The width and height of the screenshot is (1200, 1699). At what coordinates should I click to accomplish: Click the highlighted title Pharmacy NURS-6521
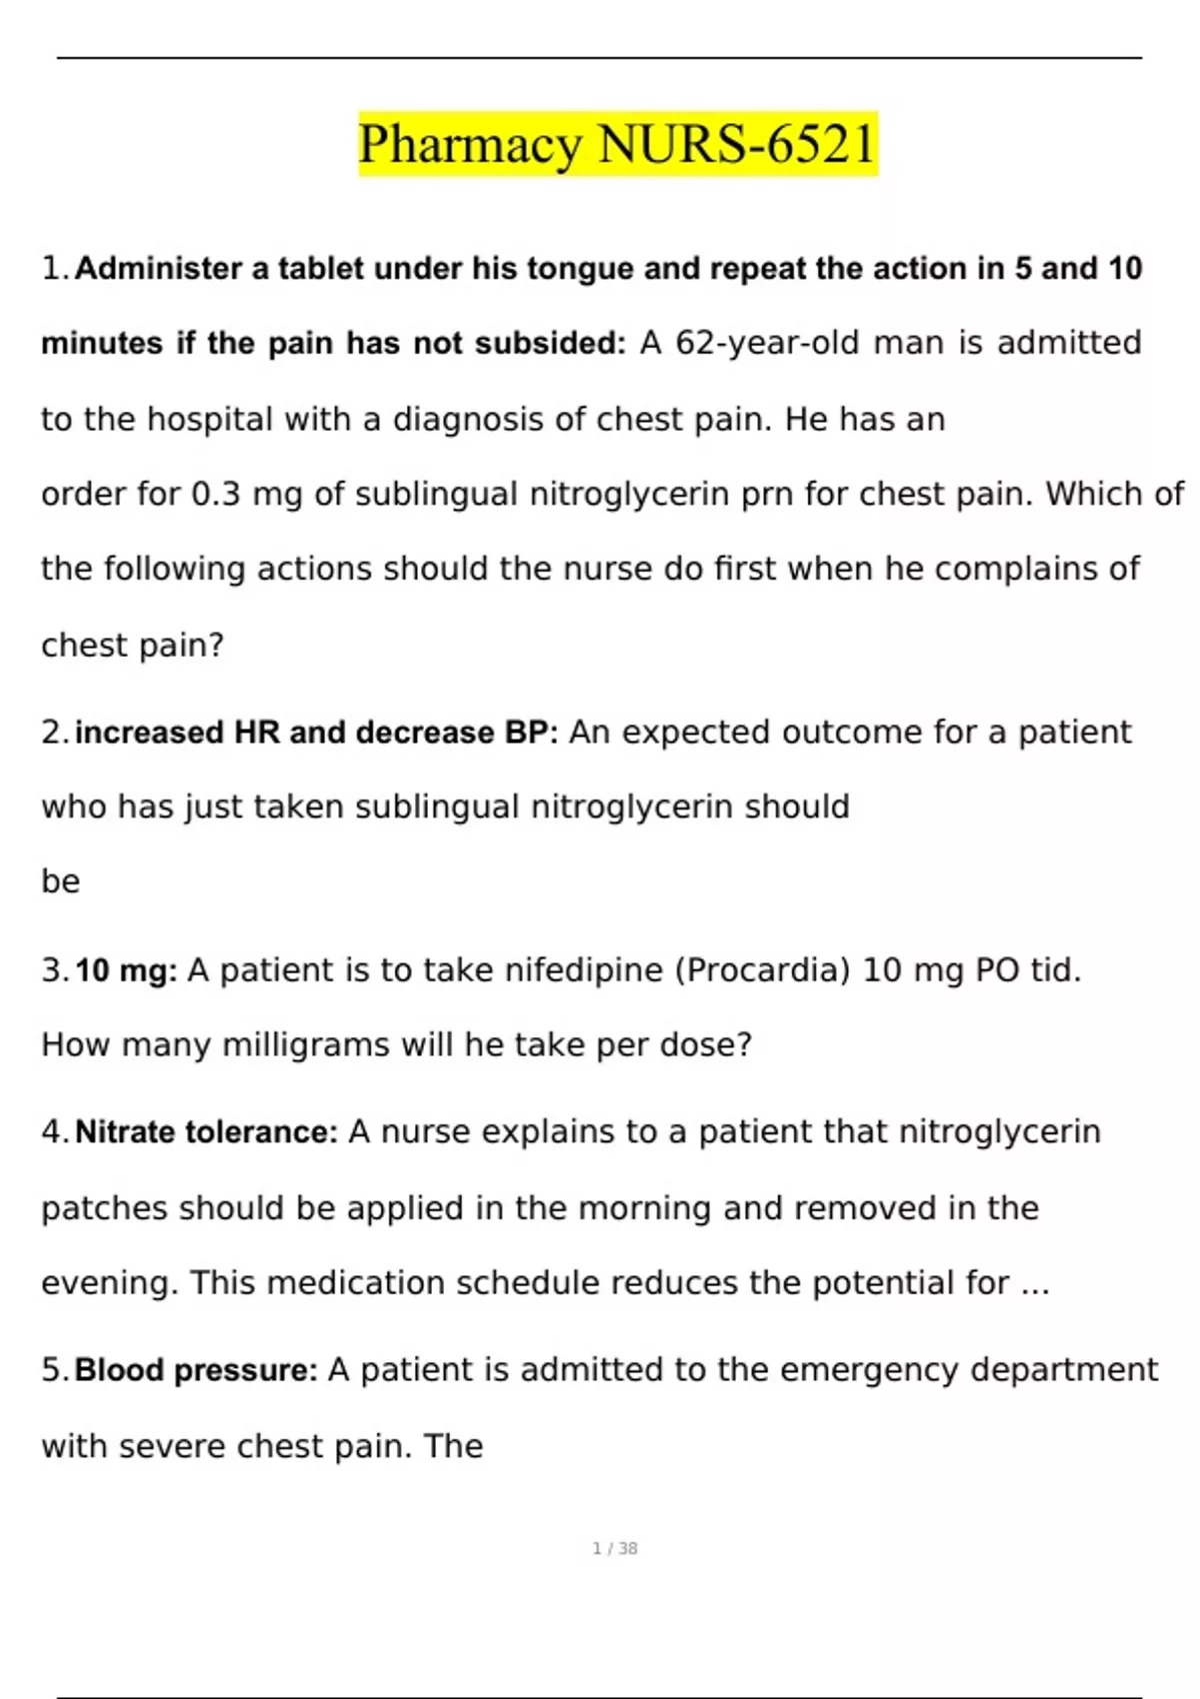(x=617, y=144)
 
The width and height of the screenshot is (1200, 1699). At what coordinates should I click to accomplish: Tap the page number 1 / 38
(x=615, y=1548)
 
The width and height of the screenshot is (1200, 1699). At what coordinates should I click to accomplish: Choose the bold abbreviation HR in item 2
(x=257, y=733)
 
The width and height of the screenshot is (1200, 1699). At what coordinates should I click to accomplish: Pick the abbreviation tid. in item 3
(x=1055, y=970)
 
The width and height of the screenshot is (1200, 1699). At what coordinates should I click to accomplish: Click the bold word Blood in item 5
(x=119, y=1370)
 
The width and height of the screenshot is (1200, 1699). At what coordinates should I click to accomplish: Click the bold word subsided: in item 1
(x=550, y=343)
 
